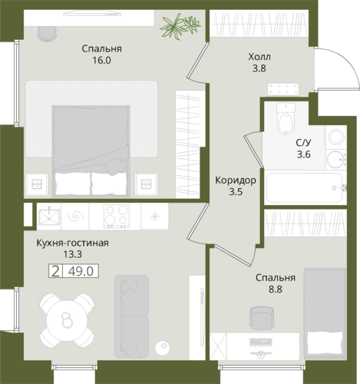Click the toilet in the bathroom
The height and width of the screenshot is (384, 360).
click(286, 118)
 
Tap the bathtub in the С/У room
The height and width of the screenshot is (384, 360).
click(305, 187)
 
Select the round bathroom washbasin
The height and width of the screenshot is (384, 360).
click(335, 159)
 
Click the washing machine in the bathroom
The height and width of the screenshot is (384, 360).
click(336, 137)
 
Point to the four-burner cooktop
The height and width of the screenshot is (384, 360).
click(117, 217)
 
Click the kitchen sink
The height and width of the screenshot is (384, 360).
click(49, 217)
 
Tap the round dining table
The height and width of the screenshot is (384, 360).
click(67, 320)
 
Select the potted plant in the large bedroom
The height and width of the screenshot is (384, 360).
click(180, 26)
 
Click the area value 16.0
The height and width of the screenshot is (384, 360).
click(101, 61)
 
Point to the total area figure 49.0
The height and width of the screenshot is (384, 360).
click(81, 271)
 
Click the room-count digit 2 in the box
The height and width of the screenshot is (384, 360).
click(55, 271)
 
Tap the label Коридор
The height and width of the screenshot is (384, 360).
click(236, 180)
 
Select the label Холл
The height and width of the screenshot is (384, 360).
click(259, 57)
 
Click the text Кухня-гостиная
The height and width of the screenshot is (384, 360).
click(72, 243)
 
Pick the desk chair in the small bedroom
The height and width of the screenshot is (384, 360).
click(262, 318)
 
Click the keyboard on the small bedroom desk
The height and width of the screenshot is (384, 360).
click(260, 342)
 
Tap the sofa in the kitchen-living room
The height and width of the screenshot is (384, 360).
click(131, 316)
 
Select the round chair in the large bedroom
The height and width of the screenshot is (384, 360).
click(46, 34)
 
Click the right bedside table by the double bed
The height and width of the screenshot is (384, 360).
click(146, 184)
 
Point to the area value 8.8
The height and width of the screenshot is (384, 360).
click(276, 290)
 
